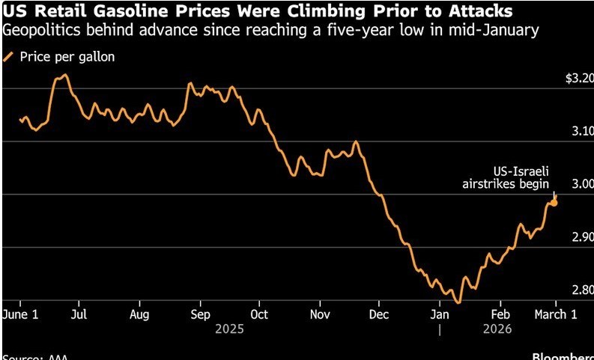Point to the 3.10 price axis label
click(x=582, y=131)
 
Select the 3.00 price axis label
click(x=582, y=184)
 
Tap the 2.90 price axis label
click(x=582, y=237)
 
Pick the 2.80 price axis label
click(x=582, y=290)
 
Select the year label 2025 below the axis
click(x=230, y=329)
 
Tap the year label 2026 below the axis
click(x=496, y=329)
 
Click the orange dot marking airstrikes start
click(x=554, y=202)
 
